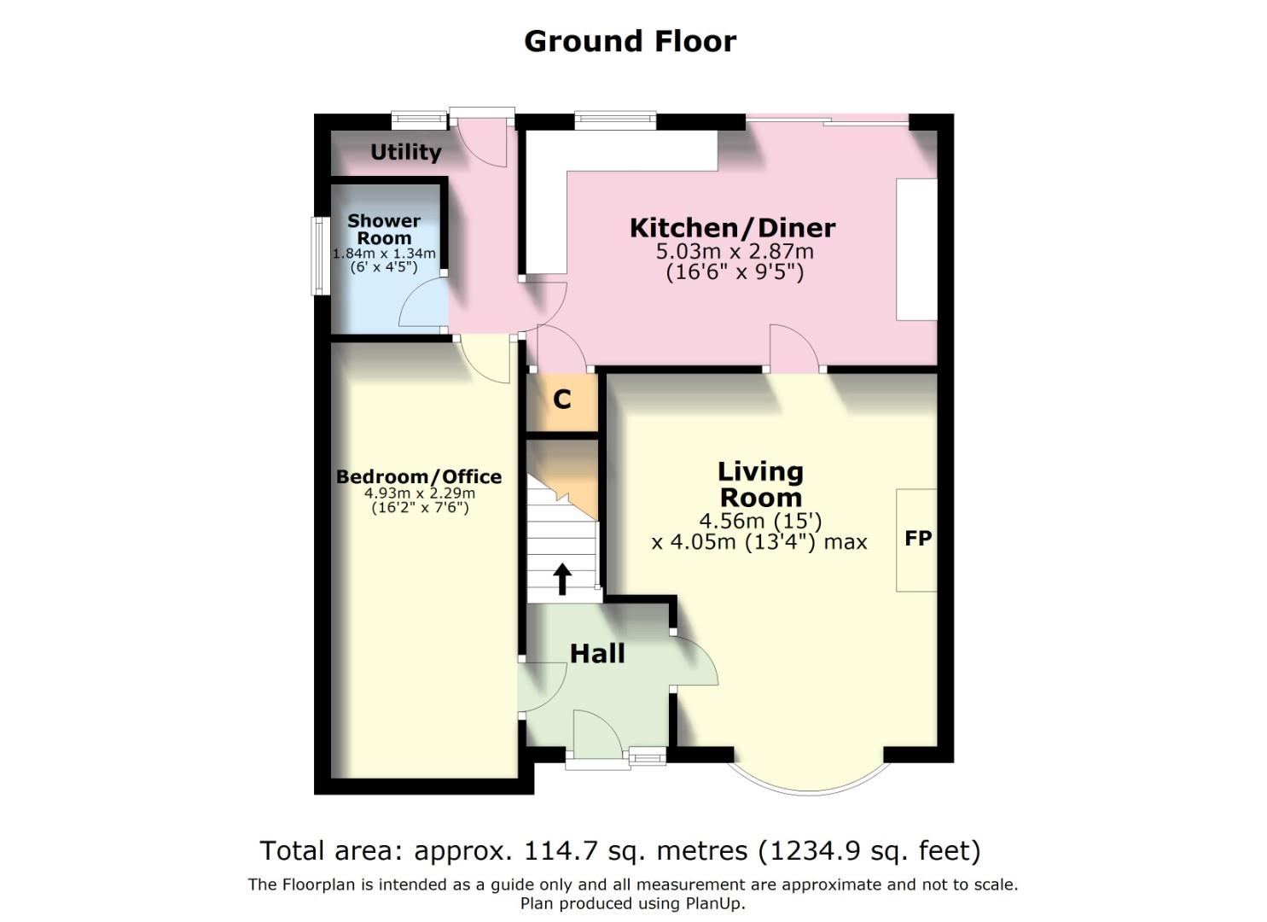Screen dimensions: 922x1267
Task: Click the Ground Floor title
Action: [x=630, y=41]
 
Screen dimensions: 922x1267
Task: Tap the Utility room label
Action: [x=405, y=152]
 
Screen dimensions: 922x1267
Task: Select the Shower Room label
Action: [x=384, y=229]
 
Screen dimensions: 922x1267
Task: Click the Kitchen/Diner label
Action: [x=732, y=228]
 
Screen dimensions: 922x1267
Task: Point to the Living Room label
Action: [x=760, y=484]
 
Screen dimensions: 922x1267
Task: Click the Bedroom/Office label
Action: [x=418, y=476]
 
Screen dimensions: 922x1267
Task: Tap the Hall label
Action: [x=597, y=654]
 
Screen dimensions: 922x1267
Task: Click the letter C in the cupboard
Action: [x=562, y=400]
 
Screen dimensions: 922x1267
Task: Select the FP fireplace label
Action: [x=918, y=539]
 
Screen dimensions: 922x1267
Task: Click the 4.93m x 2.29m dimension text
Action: [x=419, y=493]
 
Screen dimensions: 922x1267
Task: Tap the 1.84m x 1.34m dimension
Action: [x=384, y=254]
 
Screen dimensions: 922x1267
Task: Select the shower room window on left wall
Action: [x=320, y=256]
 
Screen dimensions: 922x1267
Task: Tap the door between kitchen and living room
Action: [x=795, y=350]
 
